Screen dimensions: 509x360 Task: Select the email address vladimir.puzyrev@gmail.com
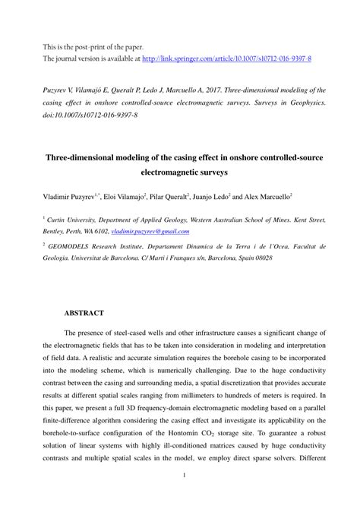click(x=150, y=232)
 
